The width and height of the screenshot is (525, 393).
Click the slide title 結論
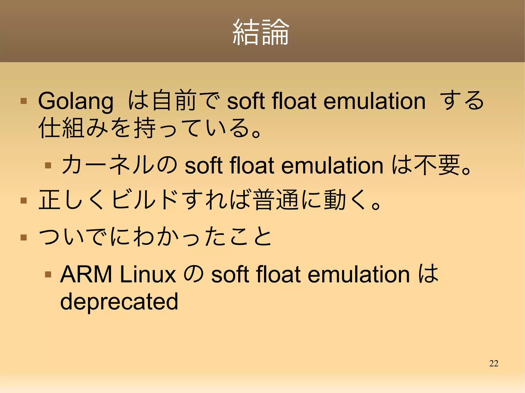(x=261, y=33)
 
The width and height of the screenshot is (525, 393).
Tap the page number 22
(x=493, y=363)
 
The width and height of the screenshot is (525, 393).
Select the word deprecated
(x=119, y=302)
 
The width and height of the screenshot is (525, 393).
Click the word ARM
(x=86, y=274)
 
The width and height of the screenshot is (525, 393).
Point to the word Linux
(x=148, y=274)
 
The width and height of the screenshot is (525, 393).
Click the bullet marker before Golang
(x=24, y=101)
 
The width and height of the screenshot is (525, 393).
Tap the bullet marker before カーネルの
(x=48, y=165)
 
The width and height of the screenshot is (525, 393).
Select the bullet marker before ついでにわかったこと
(x=24, y=237)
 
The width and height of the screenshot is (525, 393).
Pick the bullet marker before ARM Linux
(x=48, y=274)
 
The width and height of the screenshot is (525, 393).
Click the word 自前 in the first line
(x=174, y=100)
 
